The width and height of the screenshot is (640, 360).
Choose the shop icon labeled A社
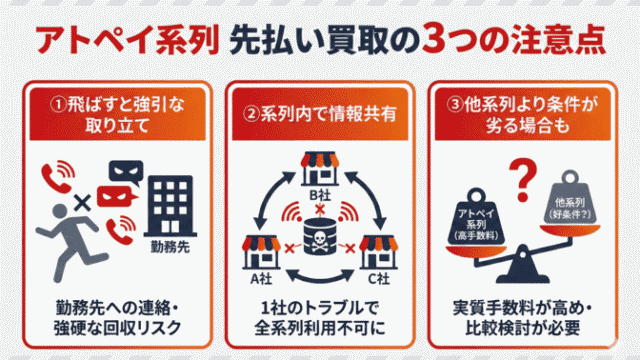259,250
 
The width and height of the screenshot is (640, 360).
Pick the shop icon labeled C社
381,250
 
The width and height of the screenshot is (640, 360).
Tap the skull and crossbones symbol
320,240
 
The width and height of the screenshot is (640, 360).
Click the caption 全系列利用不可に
320,327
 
